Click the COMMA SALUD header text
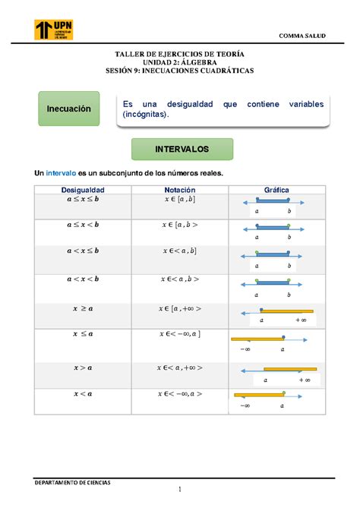304,36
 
